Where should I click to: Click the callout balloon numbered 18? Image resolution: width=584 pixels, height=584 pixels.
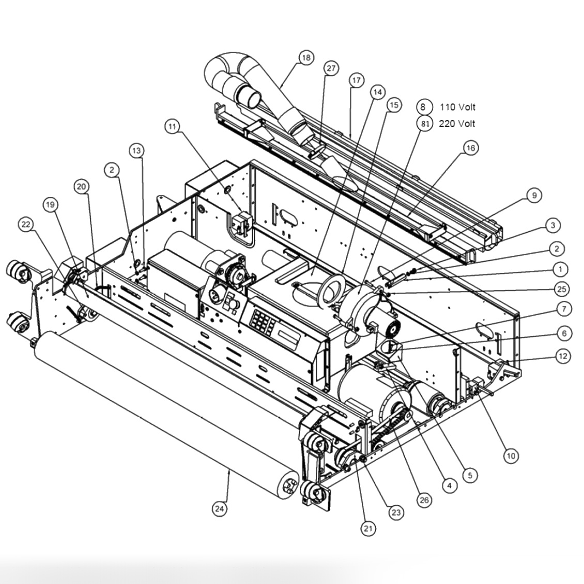[x=306, y=57]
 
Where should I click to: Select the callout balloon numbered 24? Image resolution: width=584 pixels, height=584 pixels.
[x=219, y=509]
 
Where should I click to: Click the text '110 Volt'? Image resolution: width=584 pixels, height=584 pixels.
[x=457, y=107]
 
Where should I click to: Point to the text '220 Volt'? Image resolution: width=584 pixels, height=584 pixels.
[x=457, y=124]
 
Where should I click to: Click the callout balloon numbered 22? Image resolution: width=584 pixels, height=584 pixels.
[x=25, y=224]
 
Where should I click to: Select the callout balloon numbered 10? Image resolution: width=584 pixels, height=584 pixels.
[x=511, y=456]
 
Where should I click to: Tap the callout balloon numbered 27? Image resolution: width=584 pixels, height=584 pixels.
[x=331, y=68]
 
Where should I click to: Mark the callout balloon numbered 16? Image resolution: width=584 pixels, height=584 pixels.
[x=470, y=148]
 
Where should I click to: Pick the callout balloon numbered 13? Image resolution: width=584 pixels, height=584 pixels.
[x=136, y=150]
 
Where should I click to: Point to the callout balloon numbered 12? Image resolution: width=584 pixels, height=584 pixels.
[x=563, y=356]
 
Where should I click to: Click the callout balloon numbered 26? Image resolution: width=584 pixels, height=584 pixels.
[x=424, y=500]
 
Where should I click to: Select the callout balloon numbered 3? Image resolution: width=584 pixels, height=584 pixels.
[x=552, y=225]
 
